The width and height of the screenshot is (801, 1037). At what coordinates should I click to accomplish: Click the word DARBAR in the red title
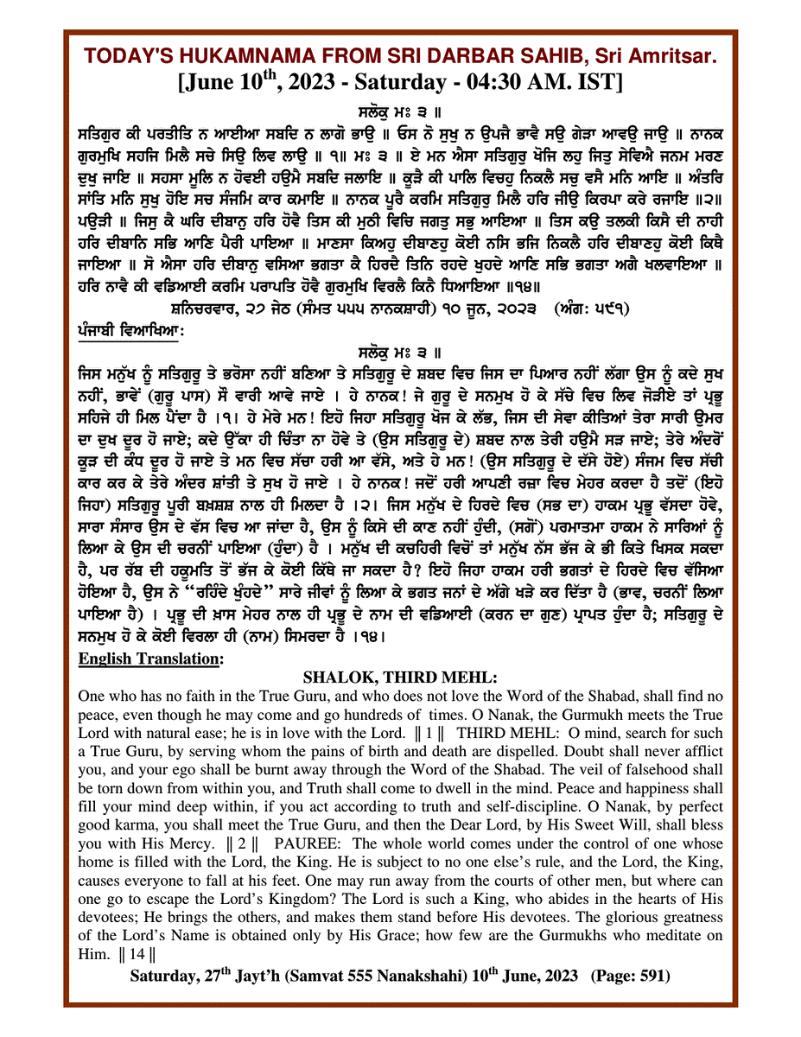[x=440, y=57]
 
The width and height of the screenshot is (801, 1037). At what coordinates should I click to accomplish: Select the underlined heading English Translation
[x=149, y=658]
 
